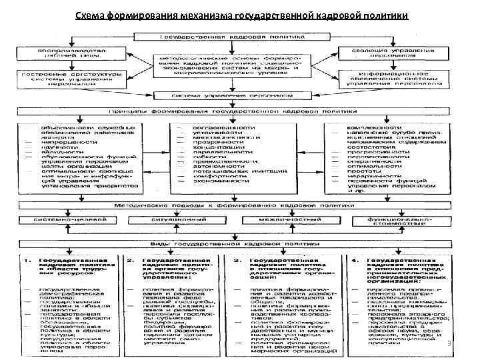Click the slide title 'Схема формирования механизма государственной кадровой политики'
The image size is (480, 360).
(242, 16)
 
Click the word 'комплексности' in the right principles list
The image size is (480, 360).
(373, 127)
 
